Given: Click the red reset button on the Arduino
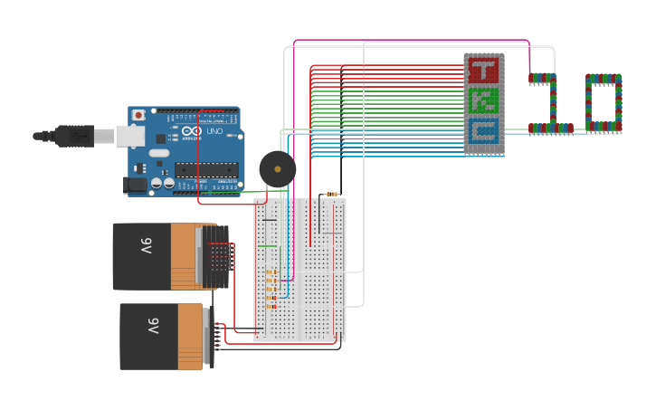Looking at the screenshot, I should (x=138, y=115).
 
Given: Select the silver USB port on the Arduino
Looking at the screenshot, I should (x=129, y=136).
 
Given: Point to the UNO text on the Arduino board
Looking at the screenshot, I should (x=214, y=132).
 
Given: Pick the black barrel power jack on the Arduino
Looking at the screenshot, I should (x=135, y=185).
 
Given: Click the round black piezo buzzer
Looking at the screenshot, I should (x=277, y=169).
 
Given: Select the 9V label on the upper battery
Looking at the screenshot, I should (x=146, y=247).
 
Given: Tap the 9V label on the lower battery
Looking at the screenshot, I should (x=153, y=327).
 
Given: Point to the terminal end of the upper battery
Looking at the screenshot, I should (x=217, y=257).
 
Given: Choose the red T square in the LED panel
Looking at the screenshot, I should (x=484, y=71).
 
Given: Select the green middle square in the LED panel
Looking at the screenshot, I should (x=484, y=100).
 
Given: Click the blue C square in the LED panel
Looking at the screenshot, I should (x=484, y=133).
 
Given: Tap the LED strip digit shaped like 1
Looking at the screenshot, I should (x=549, y=105).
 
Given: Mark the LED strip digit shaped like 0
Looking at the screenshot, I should (x=604, y=103).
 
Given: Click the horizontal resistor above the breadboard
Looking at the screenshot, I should (x=332, y=194).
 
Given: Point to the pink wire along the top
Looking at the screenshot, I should (x=407, y=41).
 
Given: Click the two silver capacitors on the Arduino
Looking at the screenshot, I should (x=163, y=183).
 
